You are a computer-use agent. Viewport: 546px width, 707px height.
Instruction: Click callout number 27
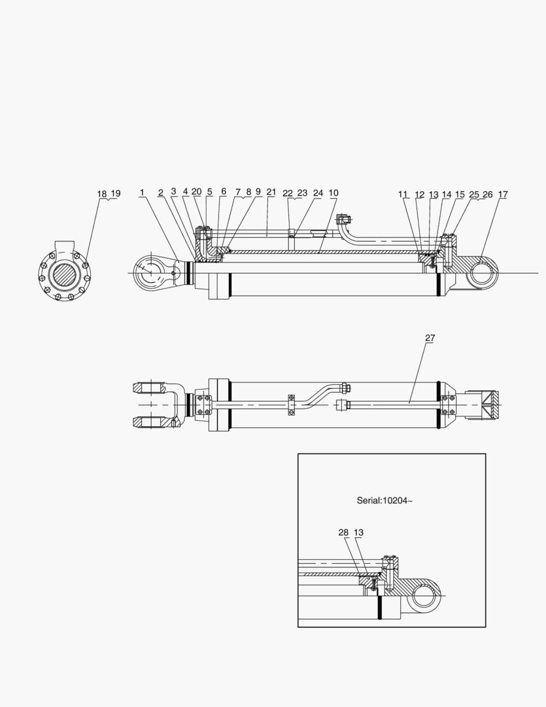click(430, 338)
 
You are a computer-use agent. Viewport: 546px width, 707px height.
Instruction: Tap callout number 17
click(503, 194)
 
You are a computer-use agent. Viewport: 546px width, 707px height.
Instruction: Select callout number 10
click(333, 193)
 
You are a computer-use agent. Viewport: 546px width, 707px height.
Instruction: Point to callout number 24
click(318, 193)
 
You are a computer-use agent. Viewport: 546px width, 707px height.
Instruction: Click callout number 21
click(271, 192)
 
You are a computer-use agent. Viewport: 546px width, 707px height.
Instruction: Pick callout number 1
click(141, 192)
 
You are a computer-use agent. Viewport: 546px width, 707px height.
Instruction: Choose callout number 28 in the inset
click(343, 533)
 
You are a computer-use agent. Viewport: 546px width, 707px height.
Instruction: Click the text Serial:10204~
click(384, 501)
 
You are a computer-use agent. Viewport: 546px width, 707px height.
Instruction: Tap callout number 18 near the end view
click(101, 194)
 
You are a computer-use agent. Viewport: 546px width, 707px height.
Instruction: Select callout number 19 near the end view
click(115, 194)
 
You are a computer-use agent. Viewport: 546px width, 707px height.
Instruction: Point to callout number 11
click(403, 194)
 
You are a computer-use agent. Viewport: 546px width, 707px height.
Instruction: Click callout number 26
click(488, 194)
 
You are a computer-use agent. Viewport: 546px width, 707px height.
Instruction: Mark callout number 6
click(224, 192)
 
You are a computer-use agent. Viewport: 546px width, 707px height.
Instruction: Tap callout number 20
click(196, 192)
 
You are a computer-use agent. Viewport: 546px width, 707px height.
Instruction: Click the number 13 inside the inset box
click(358, 533)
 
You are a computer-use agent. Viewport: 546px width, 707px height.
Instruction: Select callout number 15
click(460, 194)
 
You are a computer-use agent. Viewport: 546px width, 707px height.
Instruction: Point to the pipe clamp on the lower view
click(290, 403)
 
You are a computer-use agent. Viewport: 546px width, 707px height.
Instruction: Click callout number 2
click(161, 192)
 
